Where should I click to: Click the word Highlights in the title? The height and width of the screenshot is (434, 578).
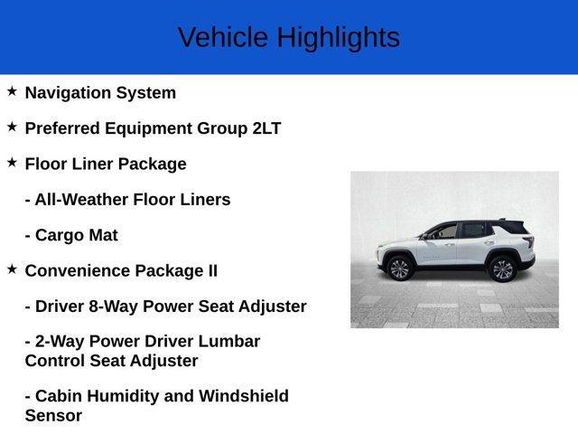(x=338, y=38)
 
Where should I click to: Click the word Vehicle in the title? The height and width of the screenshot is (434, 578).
(x=223, y=38)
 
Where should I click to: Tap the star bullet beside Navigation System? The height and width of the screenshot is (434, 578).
(x=12, y=91)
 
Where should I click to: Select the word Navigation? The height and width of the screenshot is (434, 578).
(x=66, y=93)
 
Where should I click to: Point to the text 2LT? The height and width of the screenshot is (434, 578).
(x=266, y=128)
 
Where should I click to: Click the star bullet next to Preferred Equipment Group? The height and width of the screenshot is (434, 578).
(x=12, y=127)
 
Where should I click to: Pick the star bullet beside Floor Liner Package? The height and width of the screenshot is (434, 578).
(x=12, y=163)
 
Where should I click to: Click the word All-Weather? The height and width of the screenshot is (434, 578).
(x=81, y=200)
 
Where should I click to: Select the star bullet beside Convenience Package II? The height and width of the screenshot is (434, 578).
(x=12, y=269)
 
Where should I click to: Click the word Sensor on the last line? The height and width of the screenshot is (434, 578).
(x=53, y=416)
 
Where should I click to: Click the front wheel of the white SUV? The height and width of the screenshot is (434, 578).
(x=398, y=268)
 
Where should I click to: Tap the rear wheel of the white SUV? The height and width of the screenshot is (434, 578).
(x=501, y=268)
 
